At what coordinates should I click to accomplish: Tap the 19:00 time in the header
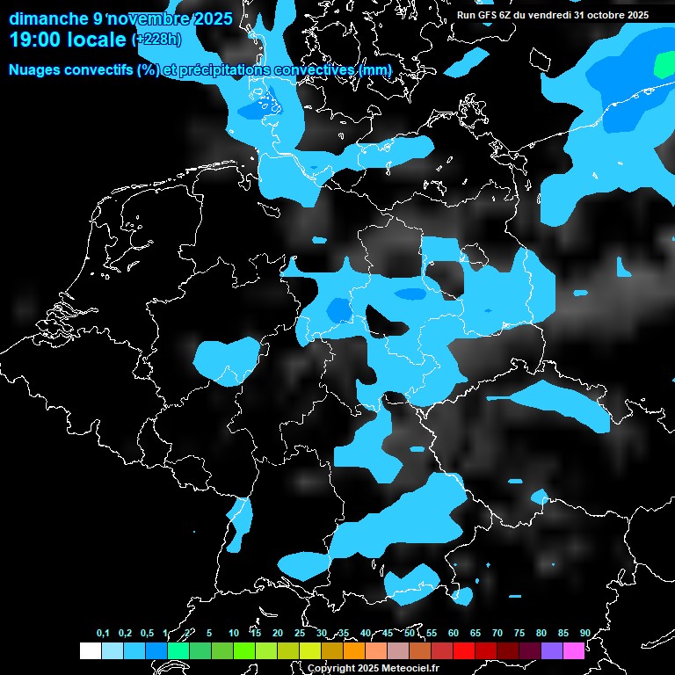click(x=34, y=39)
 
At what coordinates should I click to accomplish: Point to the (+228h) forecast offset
click(x=156, y=40)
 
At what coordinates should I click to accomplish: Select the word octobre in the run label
click(x=599, y=15)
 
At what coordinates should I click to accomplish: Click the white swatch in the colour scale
click(x=90, y=650)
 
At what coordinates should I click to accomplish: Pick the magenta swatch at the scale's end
click(x=574, y=650)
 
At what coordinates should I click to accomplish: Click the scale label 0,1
click(x=103, y=633)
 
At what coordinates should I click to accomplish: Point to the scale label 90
click(x=585, y=633)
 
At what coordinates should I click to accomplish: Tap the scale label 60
click(x=454, y=633)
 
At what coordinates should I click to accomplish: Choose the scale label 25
click(x=300, y=633)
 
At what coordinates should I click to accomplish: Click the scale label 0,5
click(x=147, y=633)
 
